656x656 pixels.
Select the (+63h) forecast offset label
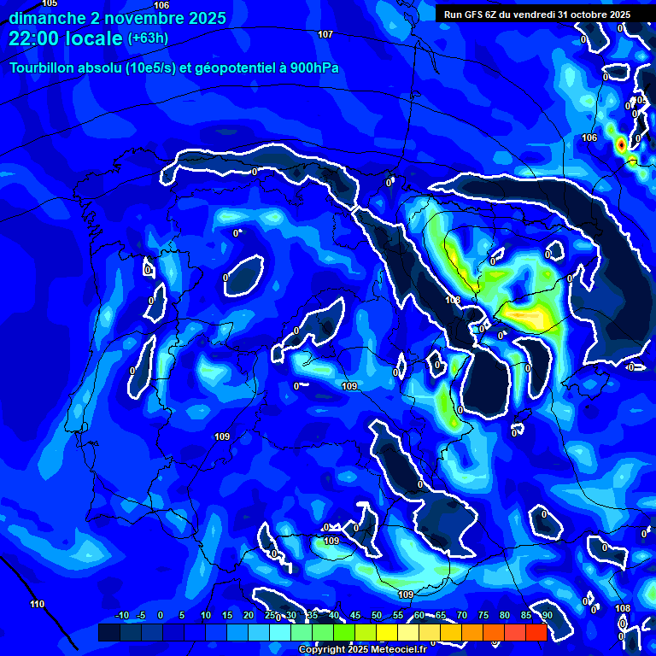(x=147, y=38)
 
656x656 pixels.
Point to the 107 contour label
(x=325, y=34)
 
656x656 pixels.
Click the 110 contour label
(x=37, y=605)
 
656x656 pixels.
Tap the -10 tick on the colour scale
(x=120, y=616)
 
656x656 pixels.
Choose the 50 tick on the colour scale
(x=377, y=616)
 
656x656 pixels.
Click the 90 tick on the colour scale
(x=547, y=616)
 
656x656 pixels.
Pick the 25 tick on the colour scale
(x=270, y=616)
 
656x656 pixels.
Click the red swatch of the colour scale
(x=536, y=632)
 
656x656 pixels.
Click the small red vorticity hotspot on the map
(x=621, y=145)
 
